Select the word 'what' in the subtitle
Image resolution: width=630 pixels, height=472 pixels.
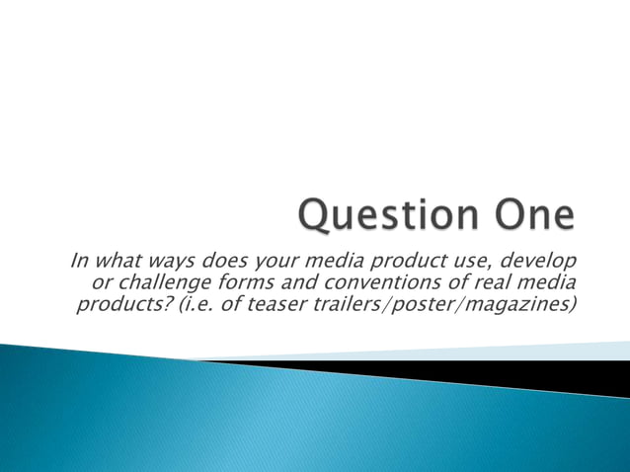pos(118,261)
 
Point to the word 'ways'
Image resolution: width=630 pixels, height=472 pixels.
pos(171,262)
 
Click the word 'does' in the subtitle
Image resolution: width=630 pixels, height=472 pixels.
pos(225,261)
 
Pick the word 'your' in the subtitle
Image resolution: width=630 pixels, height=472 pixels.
pos(274,262)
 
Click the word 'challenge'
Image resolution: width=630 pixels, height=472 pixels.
pos(141,282)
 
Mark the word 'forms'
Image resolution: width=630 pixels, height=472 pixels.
pos(214,282)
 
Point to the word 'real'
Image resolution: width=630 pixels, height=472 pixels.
pos(460,282)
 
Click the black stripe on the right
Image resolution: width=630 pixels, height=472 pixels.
pos(553,372)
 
